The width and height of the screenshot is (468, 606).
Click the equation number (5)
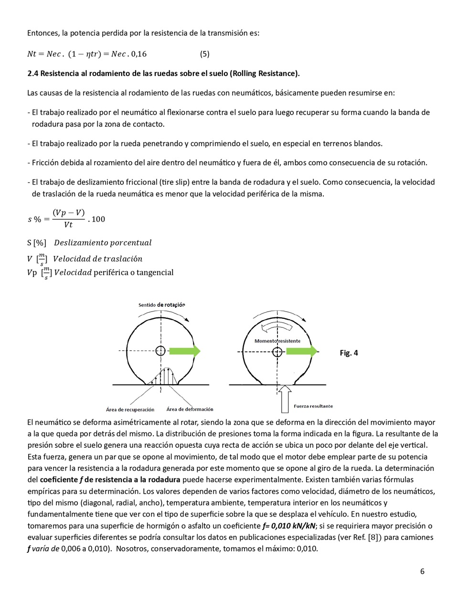[x=204, y=54]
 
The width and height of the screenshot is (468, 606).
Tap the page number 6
[x=422, y=571]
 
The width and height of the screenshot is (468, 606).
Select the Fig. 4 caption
[x=349, y=353]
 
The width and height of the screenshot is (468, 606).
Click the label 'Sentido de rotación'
[x=161, y=305]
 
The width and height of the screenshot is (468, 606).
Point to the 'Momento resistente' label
[x=277, y=341]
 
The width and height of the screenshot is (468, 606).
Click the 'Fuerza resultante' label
[x=313, y=406]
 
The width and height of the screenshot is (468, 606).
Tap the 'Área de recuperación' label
[x=130, y=410]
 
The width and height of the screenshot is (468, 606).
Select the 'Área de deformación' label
[x=190, y=409]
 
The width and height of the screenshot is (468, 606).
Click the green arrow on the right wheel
[x=302, y=352]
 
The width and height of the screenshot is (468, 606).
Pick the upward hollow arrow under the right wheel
[x=285, y=399]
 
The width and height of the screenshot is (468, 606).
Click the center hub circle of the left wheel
[x=161, y=351]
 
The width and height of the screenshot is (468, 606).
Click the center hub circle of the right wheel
[x=277, y=352]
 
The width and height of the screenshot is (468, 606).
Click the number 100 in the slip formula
[x=98, y=219]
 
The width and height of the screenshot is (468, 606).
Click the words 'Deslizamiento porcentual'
[x=103, y=243]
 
